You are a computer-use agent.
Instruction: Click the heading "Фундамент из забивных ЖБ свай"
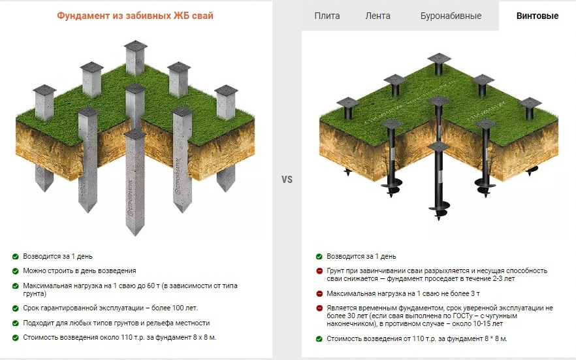click(x=135, y=16)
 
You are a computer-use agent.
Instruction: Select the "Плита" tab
click(x=327, y=16)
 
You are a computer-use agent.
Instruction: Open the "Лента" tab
click(x=377, y=16)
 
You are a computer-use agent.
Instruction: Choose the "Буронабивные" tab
click(x=451, y=16)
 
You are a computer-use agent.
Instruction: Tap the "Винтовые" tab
click(x=537, y=16)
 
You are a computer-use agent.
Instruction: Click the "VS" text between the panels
click(x=287, y=179)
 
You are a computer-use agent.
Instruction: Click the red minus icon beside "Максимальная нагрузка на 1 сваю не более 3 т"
click(x=319, y=293)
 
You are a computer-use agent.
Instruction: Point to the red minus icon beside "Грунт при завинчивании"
click(x=319, y=271)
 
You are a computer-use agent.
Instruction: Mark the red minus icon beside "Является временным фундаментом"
click(x=319, y=308)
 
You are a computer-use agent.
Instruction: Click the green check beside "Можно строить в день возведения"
click(x=16, y=271)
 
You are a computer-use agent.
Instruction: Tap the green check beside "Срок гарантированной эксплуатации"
click(x=16, y=308)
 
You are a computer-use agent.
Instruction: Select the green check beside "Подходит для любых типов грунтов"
click(x=16, y=323)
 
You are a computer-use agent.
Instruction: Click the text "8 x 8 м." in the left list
click(x=204, y=337)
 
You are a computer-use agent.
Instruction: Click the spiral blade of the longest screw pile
click(x=438, y=208)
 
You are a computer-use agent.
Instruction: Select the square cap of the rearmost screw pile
click(x=439, y=58)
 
